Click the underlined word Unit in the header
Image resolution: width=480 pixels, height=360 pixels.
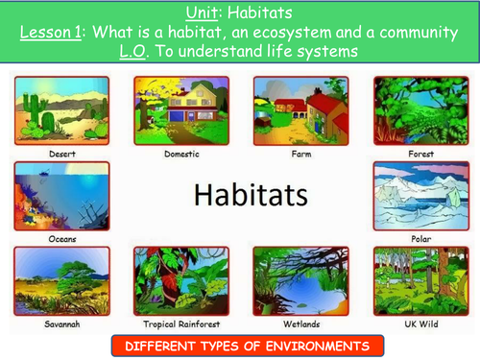pyautogui.click(x=202, y=13)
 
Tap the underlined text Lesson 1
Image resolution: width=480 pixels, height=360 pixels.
pyautogui.click(x=51, y=33)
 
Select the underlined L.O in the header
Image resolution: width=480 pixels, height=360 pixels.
pyautogui.click(x=132, y=51)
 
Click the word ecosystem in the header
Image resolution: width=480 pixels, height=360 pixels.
pyautogui.click(x=292, y=33)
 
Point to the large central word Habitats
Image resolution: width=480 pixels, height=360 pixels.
pyautogui.click(x=251, y=195)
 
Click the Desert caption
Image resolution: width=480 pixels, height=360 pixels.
pyautogui.click(x=62, y=154)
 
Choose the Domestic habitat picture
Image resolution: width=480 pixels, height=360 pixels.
pyautogui.click(x=181, y=110)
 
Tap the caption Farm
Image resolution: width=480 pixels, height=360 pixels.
pyautogui.click(x=301, y=154)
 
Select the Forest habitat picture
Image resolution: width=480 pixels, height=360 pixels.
pyautogui.click(x=421, y=110)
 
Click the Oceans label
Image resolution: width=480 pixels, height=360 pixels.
pyautogui.click(x=62, y=239)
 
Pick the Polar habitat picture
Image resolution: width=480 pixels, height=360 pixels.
pyautogui.click(x=421, y=196)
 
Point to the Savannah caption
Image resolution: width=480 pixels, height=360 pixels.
pyautogui.click(x=62, y=324)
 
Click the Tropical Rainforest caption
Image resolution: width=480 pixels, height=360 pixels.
pyautogui.click(x=181, y=324)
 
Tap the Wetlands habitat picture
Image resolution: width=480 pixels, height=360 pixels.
pyautogui.click(x=300, y=281)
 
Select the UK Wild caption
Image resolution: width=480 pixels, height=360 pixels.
pyautogui.click(x=421, y=324)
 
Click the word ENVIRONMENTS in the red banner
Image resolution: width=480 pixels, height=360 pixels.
pyautogui.click(x=318, y=347)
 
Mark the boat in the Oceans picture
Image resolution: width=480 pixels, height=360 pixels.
pyautogui.click(x=43, y=174)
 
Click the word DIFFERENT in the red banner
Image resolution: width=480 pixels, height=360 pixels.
pyautogui.click(x=159, y=347)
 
